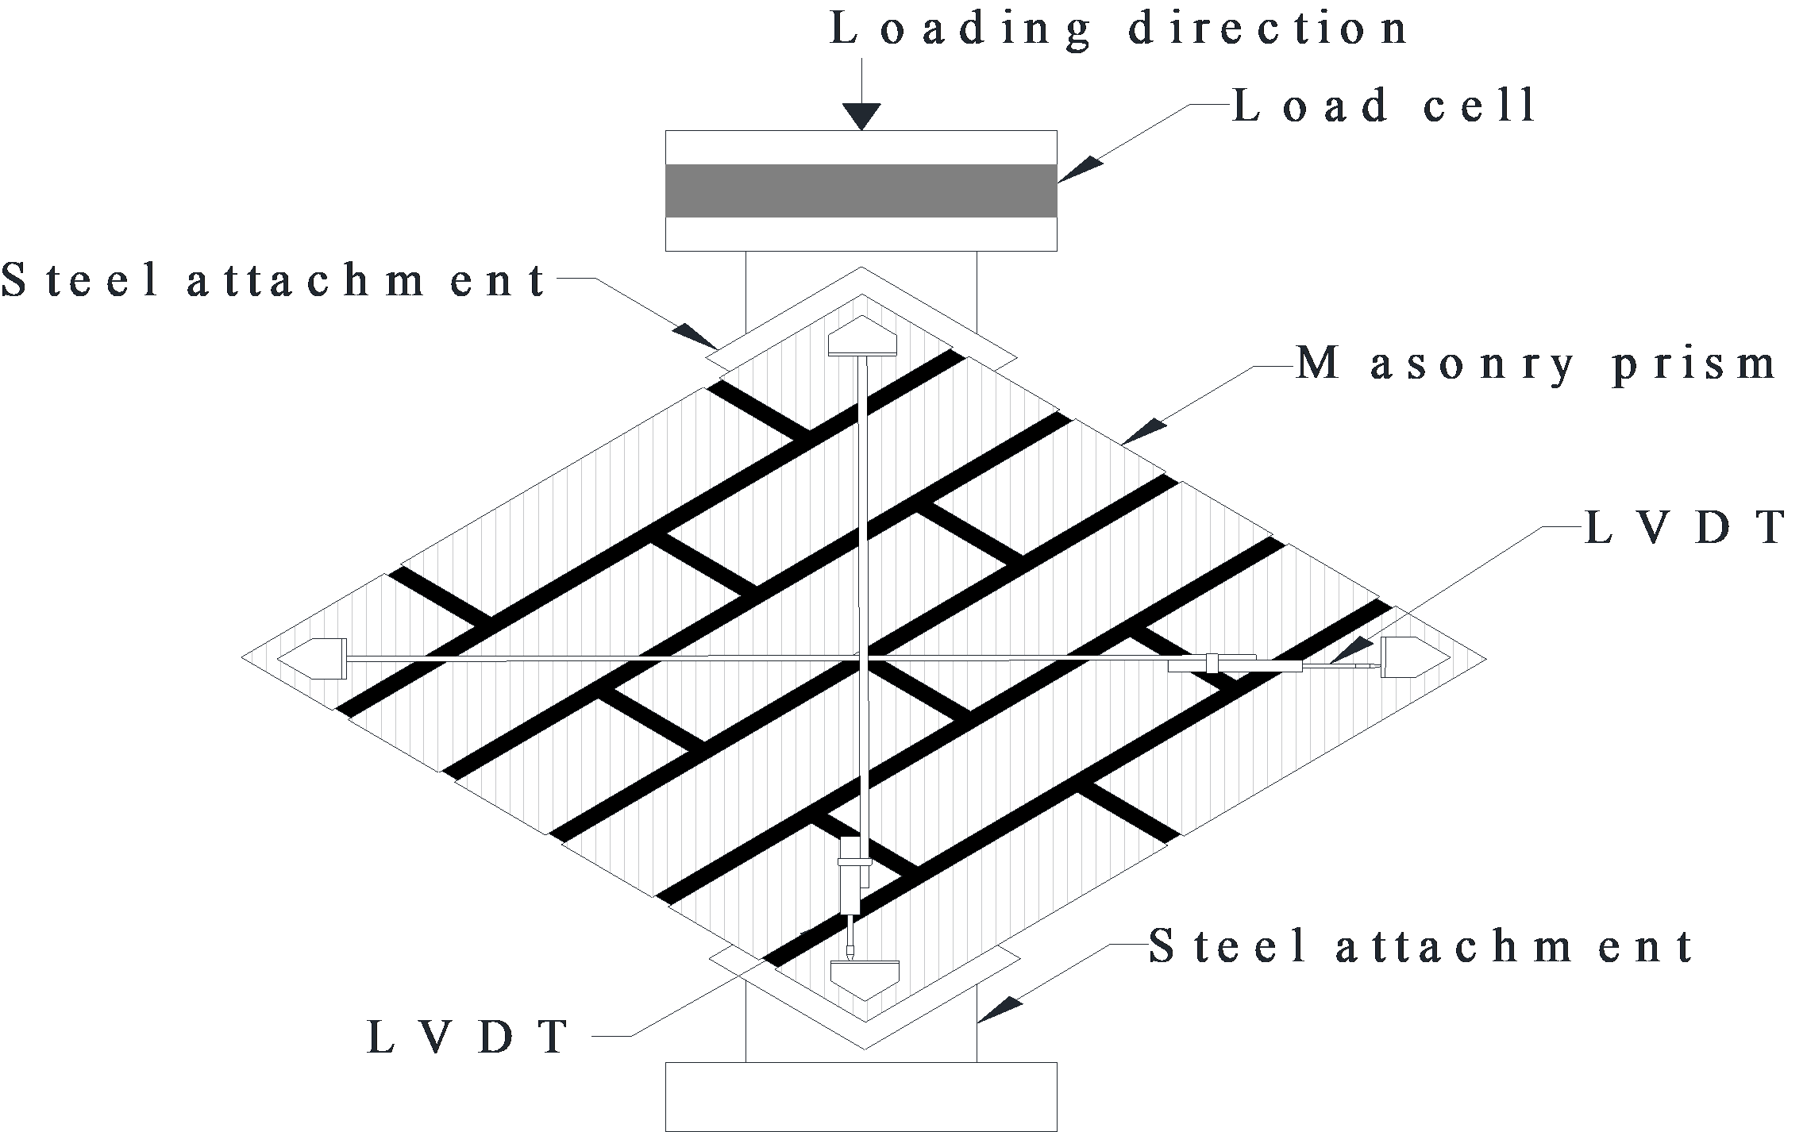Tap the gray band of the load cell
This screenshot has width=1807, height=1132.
point(861,191)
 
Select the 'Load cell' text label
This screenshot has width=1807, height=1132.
point(1384,106)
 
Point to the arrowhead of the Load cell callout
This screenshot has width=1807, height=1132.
point(1081,170)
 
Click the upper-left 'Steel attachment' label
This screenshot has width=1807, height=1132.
point(275,280)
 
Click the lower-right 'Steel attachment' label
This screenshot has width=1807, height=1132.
point(1422,947)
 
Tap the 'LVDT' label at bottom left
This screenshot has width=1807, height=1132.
point(468,1036)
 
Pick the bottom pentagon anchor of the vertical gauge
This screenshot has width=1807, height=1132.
point(865,980)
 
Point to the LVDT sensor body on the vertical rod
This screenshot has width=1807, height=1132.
point(852,876)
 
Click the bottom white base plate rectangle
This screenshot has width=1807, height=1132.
point(861,1095)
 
